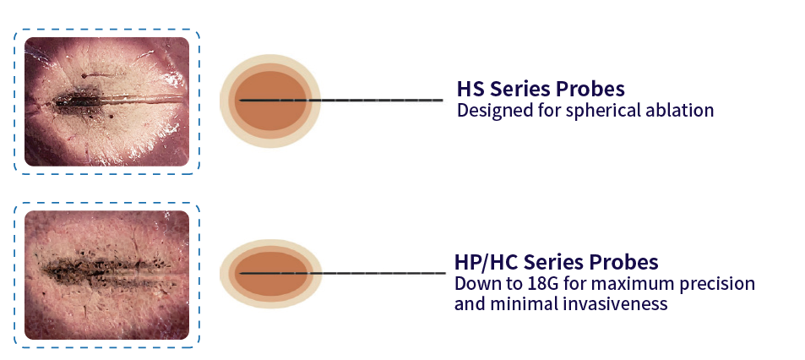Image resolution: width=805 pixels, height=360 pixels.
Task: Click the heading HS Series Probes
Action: click(x=541, y=89)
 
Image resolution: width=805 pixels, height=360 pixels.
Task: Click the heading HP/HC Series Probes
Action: click(x=556, y=262)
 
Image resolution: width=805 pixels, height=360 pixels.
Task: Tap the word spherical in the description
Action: click(x=607, y=111)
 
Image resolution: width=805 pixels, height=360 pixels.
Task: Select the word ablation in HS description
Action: click(x=680, y=111)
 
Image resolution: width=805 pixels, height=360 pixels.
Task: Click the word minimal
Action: click(x=521, y=303)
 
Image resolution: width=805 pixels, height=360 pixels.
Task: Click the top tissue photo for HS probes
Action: click(x=106, y=101)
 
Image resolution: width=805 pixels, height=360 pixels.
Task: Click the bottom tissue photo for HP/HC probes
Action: click(x=106, y=275)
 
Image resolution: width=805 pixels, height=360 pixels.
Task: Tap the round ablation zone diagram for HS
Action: click(x=270, y=101)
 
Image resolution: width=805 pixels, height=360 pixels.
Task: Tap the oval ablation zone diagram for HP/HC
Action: click(x=270, y=273)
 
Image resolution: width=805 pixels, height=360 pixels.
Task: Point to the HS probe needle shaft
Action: click(x=380, y=101)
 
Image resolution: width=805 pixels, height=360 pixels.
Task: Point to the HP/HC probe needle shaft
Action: click(x=380, y=273)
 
